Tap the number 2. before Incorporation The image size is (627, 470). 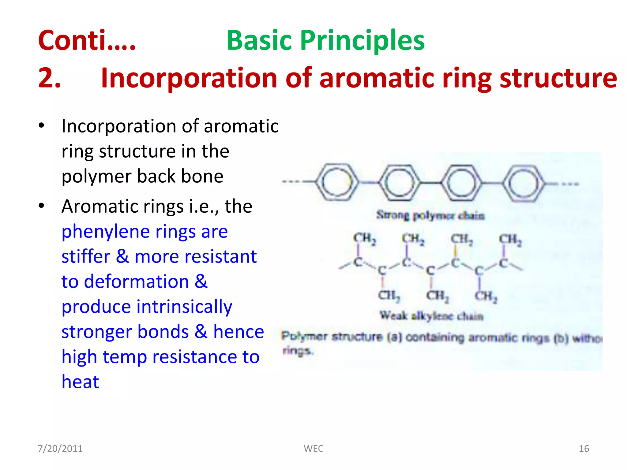(x=49, y=78)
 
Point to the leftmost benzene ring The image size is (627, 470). (x=337, y=183)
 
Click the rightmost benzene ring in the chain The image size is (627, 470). (x=524, y=184)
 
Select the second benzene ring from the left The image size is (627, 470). (x=399, y=183)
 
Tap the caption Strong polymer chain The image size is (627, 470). (x=430, y=215)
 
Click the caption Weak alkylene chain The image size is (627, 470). (x=431, y=315)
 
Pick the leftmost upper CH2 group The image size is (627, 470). (x=364, y=238)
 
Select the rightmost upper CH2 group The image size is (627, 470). (x=510, y=240)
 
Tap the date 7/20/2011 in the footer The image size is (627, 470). (x=60, y=449)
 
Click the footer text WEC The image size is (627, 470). (x=313, y=449)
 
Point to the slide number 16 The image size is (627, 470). (x=584, y=449)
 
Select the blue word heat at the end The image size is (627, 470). (x=80, y=382)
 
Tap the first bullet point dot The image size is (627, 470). (x=42, y=126)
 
